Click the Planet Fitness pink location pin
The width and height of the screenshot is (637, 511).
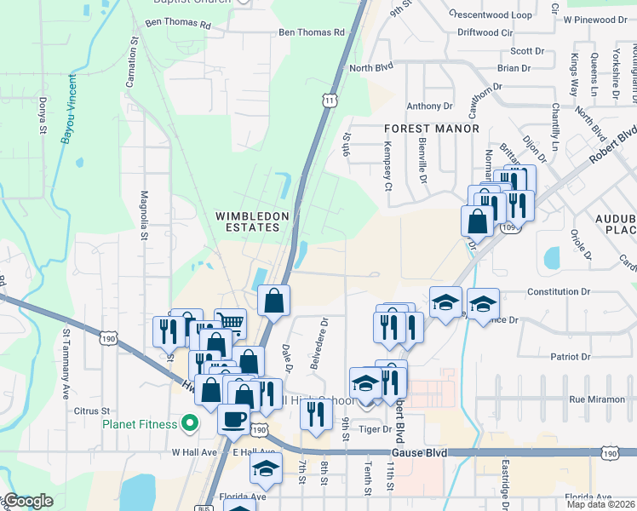point(191,422)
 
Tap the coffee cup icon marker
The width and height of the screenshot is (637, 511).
point(234,419)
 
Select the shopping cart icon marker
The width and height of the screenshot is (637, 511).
point(230,323)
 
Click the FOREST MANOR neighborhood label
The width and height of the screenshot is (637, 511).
point(431,129)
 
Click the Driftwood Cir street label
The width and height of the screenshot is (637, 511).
point(485,32)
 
